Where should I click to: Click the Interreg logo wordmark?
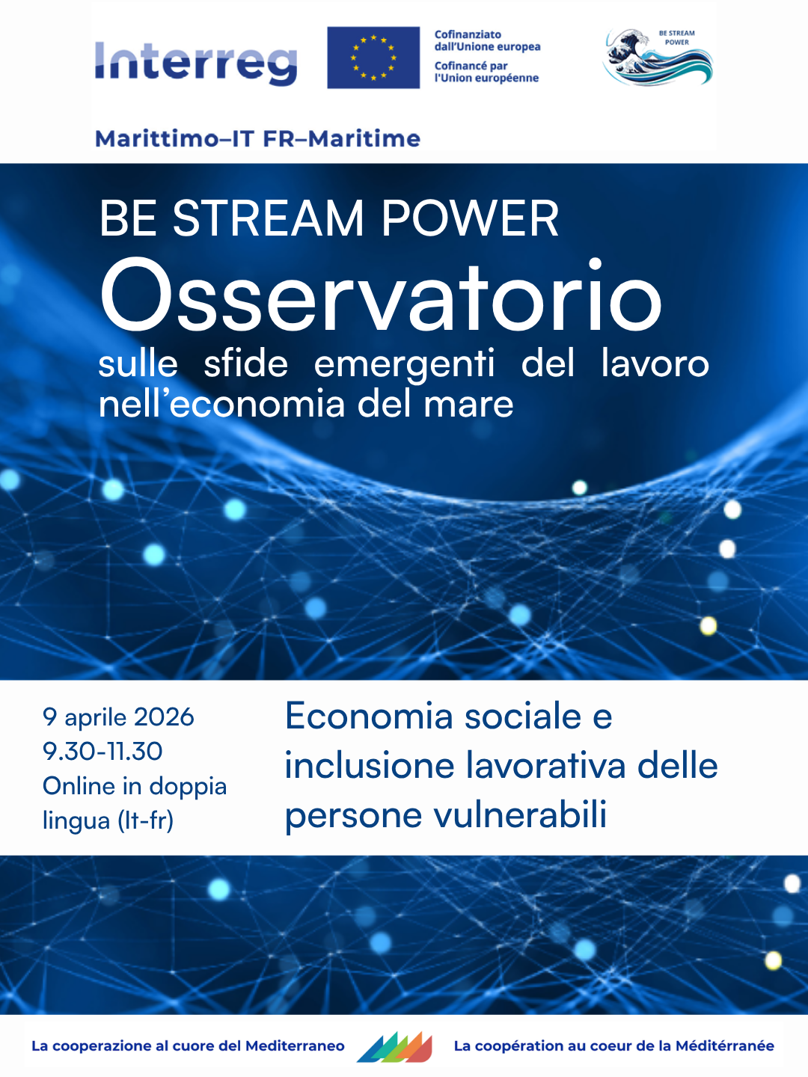click(196, 64)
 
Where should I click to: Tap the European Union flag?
click(373, 58)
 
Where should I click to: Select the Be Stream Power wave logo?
click(658, 58)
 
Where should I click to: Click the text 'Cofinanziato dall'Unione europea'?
click(487, 40)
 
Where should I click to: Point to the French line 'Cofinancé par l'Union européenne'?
click(486, 72)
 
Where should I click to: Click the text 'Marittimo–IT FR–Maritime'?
click(257, 139)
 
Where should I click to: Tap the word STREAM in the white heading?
click(268, 218)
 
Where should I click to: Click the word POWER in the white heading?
click(470, 218)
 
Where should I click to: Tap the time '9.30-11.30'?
click(102, 751)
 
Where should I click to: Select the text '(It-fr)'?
click(146, 820)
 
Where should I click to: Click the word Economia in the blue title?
click(369, 717)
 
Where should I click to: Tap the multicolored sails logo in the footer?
click(395, 1048)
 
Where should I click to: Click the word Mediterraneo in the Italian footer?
click(295, 1046)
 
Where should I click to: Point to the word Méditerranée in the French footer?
click(725, 1046)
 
